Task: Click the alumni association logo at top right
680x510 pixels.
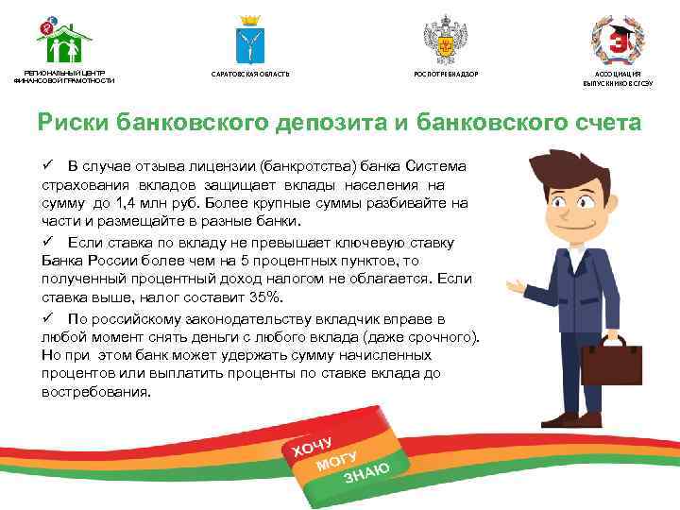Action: point(617,40)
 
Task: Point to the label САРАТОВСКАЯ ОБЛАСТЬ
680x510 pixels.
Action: point(250,74)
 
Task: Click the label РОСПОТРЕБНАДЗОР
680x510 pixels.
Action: point(446,74)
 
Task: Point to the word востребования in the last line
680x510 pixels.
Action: point(94,392)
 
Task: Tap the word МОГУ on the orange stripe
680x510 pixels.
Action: point(337,457)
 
